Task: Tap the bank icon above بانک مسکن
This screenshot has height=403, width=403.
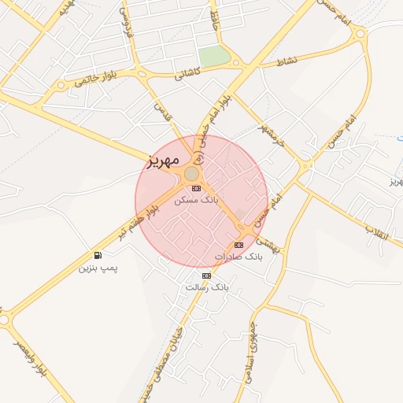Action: click(x=196, y=188)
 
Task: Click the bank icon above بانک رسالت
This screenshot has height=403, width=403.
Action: click(x=207, y=275)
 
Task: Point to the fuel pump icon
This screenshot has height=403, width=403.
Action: click(x=98, y=255)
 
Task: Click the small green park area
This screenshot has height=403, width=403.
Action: click(x=213, y=57)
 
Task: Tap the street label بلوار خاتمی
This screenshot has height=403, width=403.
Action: click(x=99, y=76)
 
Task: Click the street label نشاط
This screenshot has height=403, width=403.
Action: click(x=287, y=61)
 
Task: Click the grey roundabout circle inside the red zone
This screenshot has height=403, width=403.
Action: click(x=192, y=172)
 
